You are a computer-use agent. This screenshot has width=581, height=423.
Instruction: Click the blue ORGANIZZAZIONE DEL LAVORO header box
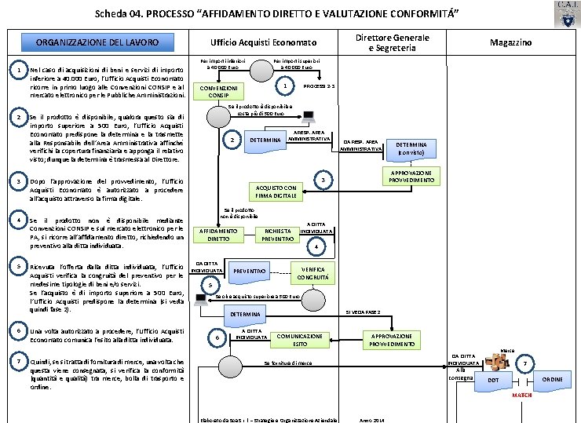pos(97,42)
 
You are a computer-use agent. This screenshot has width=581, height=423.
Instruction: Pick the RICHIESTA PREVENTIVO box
pos(277,235)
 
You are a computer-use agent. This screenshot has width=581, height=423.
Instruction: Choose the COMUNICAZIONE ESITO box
pos(299,340)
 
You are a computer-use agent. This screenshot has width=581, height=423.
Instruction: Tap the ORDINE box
pos(552,380)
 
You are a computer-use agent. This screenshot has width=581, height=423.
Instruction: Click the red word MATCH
pos(522,396)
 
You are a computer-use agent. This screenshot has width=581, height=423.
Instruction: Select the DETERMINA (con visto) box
pos(411,149)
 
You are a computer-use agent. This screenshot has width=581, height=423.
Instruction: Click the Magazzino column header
pos(510,42)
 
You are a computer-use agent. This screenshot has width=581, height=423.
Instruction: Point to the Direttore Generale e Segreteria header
pos(393,42)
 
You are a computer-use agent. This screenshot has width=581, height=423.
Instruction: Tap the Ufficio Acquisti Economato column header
pos(262,42)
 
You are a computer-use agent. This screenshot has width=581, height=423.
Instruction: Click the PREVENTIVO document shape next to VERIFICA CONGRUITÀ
pos(250,272)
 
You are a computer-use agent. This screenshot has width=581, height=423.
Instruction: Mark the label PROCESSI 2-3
pos(319,85)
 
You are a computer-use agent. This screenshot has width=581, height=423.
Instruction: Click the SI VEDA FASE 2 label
pos(363,312)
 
